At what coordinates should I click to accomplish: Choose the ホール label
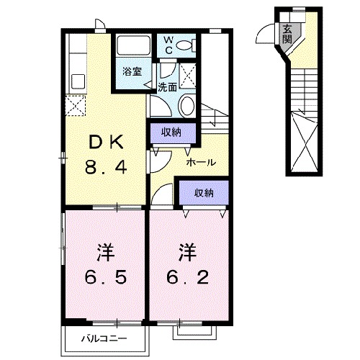201,162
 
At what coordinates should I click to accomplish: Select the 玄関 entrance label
287,33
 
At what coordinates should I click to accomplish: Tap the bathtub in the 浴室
132,47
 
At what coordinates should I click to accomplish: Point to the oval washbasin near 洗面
186,107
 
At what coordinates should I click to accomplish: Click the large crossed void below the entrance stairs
305,143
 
